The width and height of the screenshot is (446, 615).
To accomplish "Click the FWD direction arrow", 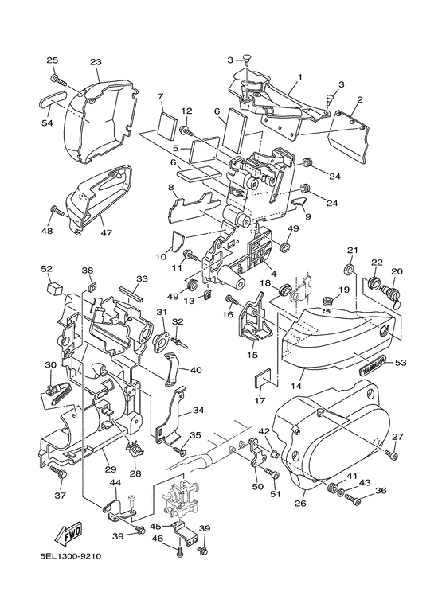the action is click(x=68, y=534).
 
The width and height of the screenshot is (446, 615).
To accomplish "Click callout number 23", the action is click(x=96, y=62).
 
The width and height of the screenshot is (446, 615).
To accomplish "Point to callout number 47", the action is click(x=106, y=233).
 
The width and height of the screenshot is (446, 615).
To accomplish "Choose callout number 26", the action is click(x=300, y=503).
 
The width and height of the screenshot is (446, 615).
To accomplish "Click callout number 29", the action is click(x=111, y=469).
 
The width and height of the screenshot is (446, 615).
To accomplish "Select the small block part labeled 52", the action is click(x=55, y=289).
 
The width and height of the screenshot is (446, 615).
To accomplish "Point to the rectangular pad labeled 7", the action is click(x=166, y=127).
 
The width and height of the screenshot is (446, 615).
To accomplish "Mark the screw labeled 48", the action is click(x=57, y=212).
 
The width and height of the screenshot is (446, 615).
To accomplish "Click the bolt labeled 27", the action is click(x=392, y=455).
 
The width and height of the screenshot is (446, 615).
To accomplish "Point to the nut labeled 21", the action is click(x=349, y=271).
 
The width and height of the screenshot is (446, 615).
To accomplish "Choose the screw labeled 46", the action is click(x=179, y=554).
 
